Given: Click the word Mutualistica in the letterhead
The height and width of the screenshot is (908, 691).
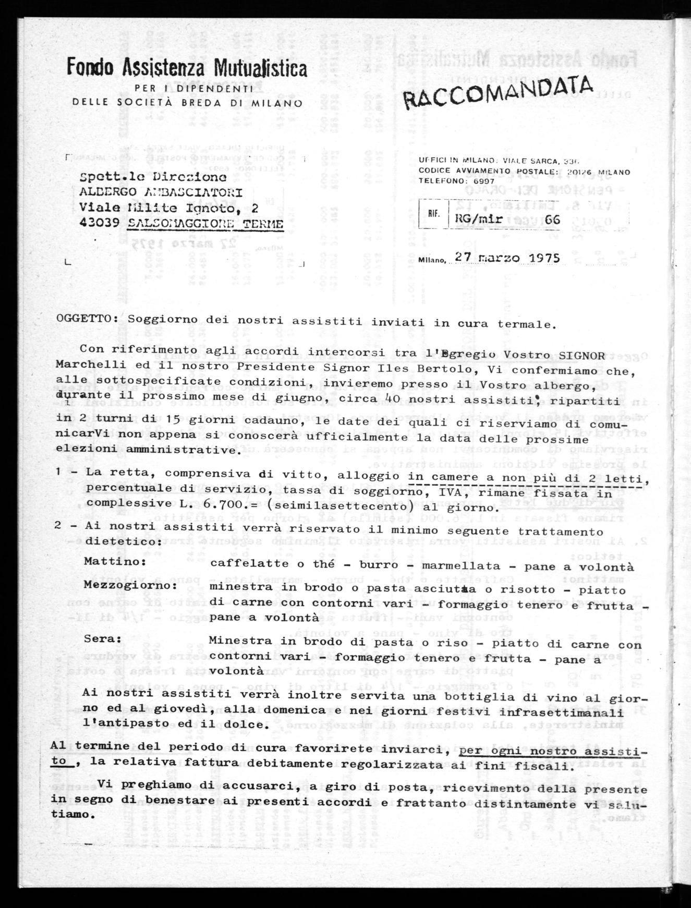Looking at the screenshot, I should (x=256, y=68).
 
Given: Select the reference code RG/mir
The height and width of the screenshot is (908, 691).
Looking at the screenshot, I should (x=479, y=219).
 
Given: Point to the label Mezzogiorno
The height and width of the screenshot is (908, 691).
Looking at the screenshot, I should (x=130, y=585).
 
